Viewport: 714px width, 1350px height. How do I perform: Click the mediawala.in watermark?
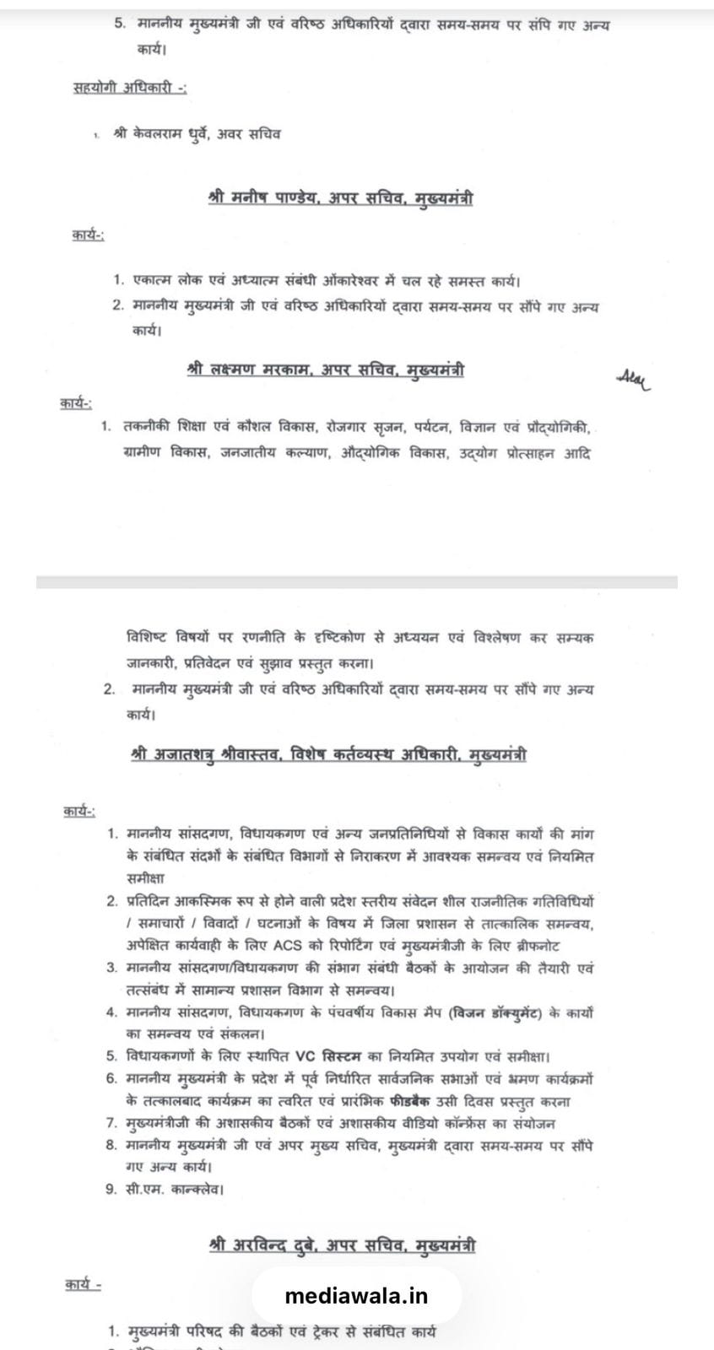tap(356, 1296)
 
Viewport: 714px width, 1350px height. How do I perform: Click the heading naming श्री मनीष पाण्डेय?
tap(339, 198)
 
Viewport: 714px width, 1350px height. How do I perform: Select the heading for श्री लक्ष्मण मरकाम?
tap(325, 370)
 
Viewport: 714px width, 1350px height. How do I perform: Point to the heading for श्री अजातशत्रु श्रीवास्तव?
tap(329, 753)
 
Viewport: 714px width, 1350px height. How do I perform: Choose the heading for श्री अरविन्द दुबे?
tap(341, 1245)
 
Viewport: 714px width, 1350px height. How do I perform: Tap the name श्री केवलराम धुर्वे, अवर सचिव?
tap(197, 134)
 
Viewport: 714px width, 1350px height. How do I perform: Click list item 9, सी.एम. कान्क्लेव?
tap(174, 1190)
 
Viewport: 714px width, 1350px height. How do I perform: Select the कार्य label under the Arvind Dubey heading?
tap(83, 1285)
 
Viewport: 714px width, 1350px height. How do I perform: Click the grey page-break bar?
tap(356, 582)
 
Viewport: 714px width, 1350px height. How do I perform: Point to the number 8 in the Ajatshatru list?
tap(111, 1146)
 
